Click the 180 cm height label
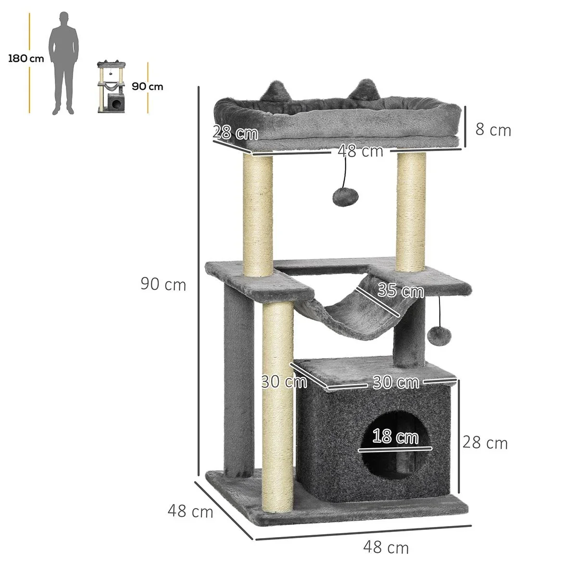26,58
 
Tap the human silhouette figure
63,63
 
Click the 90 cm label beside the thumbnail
147,87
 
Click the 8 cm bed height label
493,130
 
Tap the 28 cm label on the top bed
236,132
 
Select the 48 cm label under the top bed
360,151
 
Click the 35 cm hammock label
401,290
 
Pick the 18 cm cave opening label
395,436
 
